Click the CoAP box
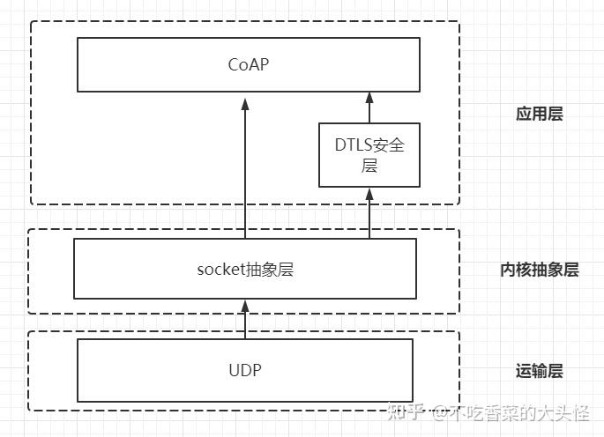tap(246, 64)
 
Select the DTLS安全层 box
tap(369, 154)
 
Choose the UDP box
tap(245, 369)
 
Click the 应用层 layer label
tap(539, 114)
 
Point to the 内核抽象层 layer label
tap(539, 270)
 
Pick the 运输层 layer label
tap(539, 371)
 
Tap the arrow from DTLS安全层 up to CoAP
tap(369, 107)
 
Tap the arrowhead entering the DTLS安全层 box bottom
tap(369, 193)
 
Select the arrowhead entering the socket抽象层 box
tap(246, 305)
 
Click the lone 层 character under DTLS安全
tap(369, 165)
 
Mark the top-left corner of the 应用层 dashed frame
tap(32, 19)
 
